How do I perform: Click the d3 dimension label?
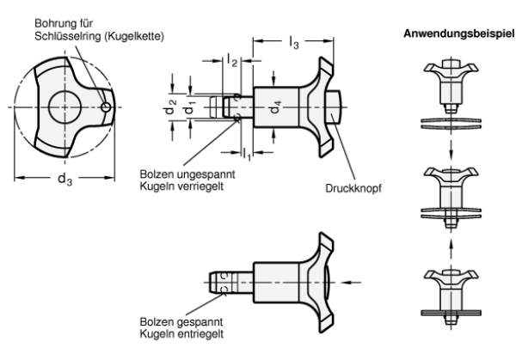click(x=64, y=180)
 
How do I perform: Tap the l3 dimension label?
click(x=294, y=43)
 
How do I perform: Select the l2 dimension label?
click(x=232, y=60)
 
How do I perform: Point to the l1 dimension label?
click(x=247, y=154)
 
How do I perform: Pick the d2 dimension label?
click(x=170, y=107)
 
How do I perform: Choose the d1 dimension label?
click(x=189, y=107)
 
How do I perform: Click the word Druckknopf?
click(x=353, y=189)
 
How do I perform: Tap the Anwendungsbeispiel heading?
click(x=458, y=34)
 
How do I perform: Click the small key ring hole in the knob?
click(x=106, y=107)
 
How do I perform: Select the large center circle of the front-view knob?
click(x=64, y=107)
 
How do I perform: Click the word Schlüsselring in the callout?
click(x=67, y=36)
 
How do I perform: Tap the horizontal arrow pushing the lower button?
click(x=352, y=283)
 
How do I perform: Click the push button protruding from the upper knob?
click(x=335, y=107)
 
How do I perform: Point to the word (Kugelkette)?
click(x=134, y=36)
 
